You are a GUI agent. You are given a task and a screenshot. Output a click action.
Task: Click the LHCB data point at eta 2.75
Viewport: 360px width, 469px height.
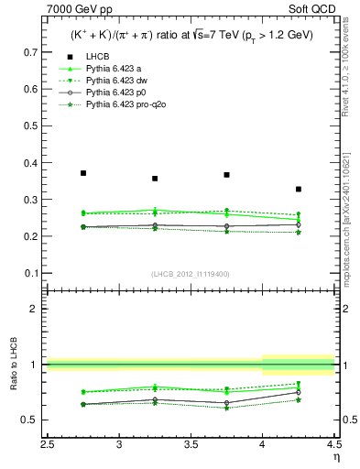[x=83, y=172]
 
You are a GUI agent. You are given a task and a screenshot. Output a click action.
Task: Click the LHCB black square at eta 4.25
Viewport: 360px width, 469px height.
[x=299, y=189]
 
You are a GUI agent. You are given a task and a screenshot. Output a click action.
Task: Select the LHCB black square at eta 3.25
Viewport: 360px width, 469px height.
[x=155, y=179]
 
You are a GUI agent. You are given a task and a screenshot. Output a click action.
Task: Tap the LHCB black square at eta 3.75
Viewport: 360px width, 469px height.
[x=226, y=174]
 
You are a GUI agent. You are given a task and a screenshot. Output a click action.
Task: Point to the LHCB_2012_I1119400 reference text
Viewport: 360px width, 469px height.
[x=191, y=274]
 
